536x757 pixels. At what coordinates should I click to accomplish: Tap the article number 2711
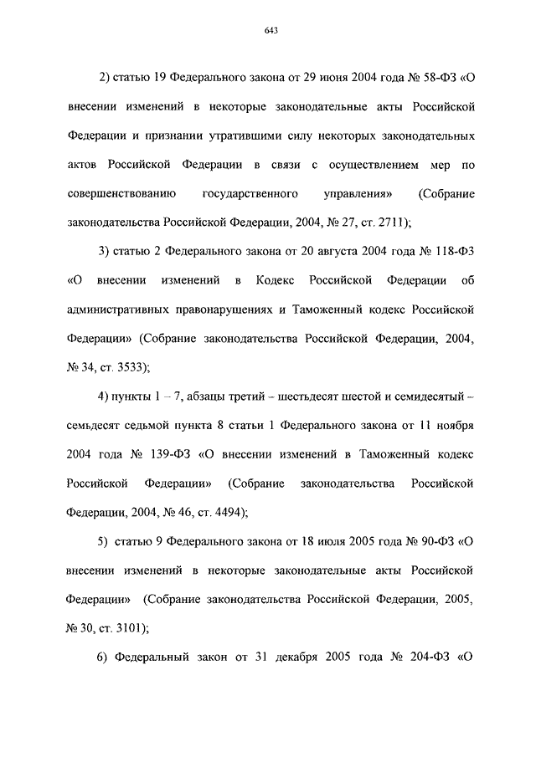(x=385, y=222)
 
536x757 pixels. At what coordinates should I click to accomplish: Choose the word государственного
(x=251, y=193)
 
